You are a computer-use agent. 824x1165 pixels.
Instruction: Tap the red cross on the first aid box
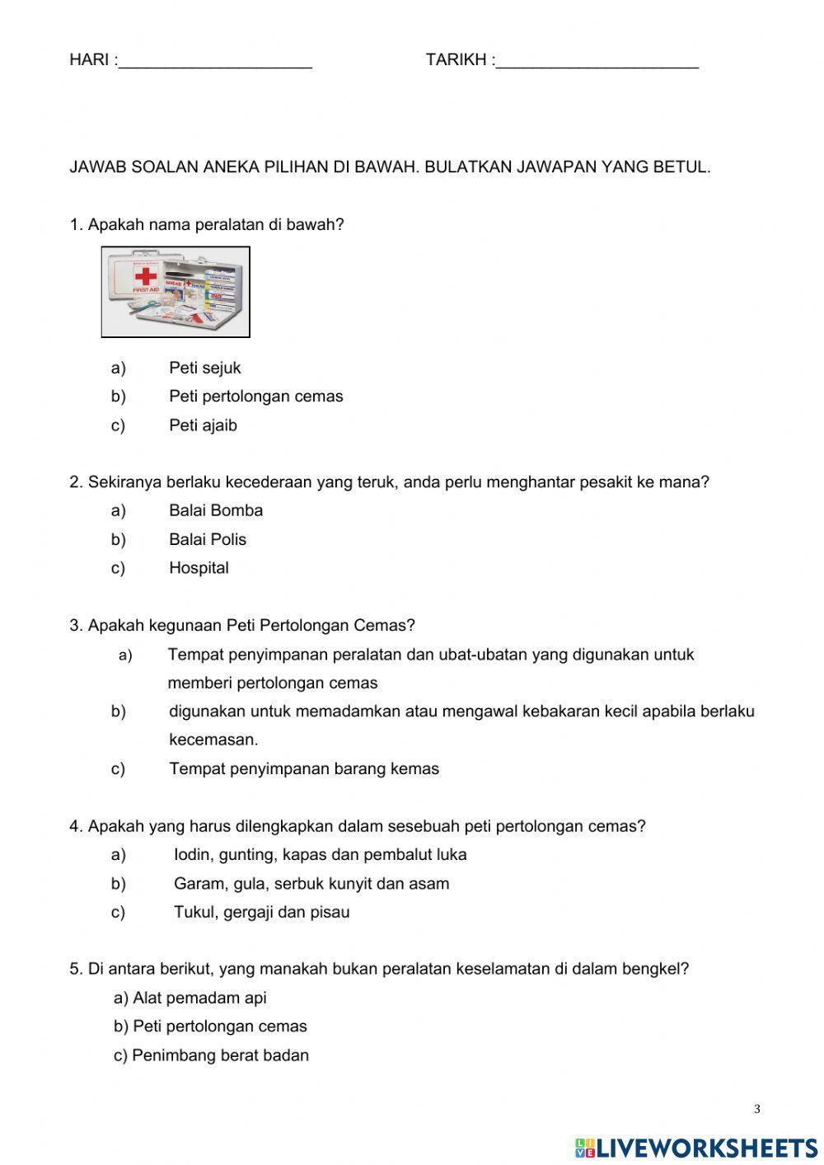pyautogui.click(x=146, y=275)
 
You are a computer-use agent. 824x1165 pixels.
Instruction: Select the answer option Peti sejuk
pyautogui.click(x=204, y=368)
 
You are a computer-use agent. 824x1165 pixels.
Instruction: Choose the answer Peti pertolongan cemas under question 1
pyautogui.click(x=255, y=397)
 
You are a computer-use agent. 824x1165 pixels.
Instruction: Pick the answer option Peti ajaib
pyautogui.click(x=203, y=425)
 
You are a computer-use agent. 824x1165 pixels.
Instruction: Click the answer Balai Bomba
pyautogui.click(x=216, y=510)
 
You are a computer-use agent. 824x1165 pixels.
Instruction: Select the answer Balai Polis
pyautogui.click(x=208, y=539)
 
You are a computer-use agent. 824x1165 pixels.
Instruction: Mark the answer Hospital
pyautogui.click(x=199, y=568)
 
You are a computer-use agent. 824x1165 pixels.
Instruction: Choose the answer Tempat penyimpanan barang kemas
pyautogui.click(x=304, y=769)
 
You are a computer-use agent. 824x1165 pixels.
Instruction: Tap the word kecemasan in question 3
pyautogui.click(x=213, y=740)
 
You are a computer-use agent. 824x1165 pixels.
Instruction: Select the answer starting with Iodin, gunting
pyautogui.click(x=320, y=855)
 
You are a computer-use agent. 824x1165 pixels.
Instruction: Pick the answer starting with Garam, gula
pyautogui.click(x=311, y=884)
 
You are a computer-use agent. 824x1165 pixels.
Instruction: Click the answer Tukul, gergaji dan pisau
pyautogui.click(x=261, y=913)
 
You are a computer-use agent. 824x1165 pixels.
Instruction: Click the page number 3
pyautogui.click(x=756, y=1110)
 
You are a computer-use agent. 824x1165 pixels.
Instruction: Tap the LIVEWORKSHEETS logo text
pyautogui.click(x=706, y=1147)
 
